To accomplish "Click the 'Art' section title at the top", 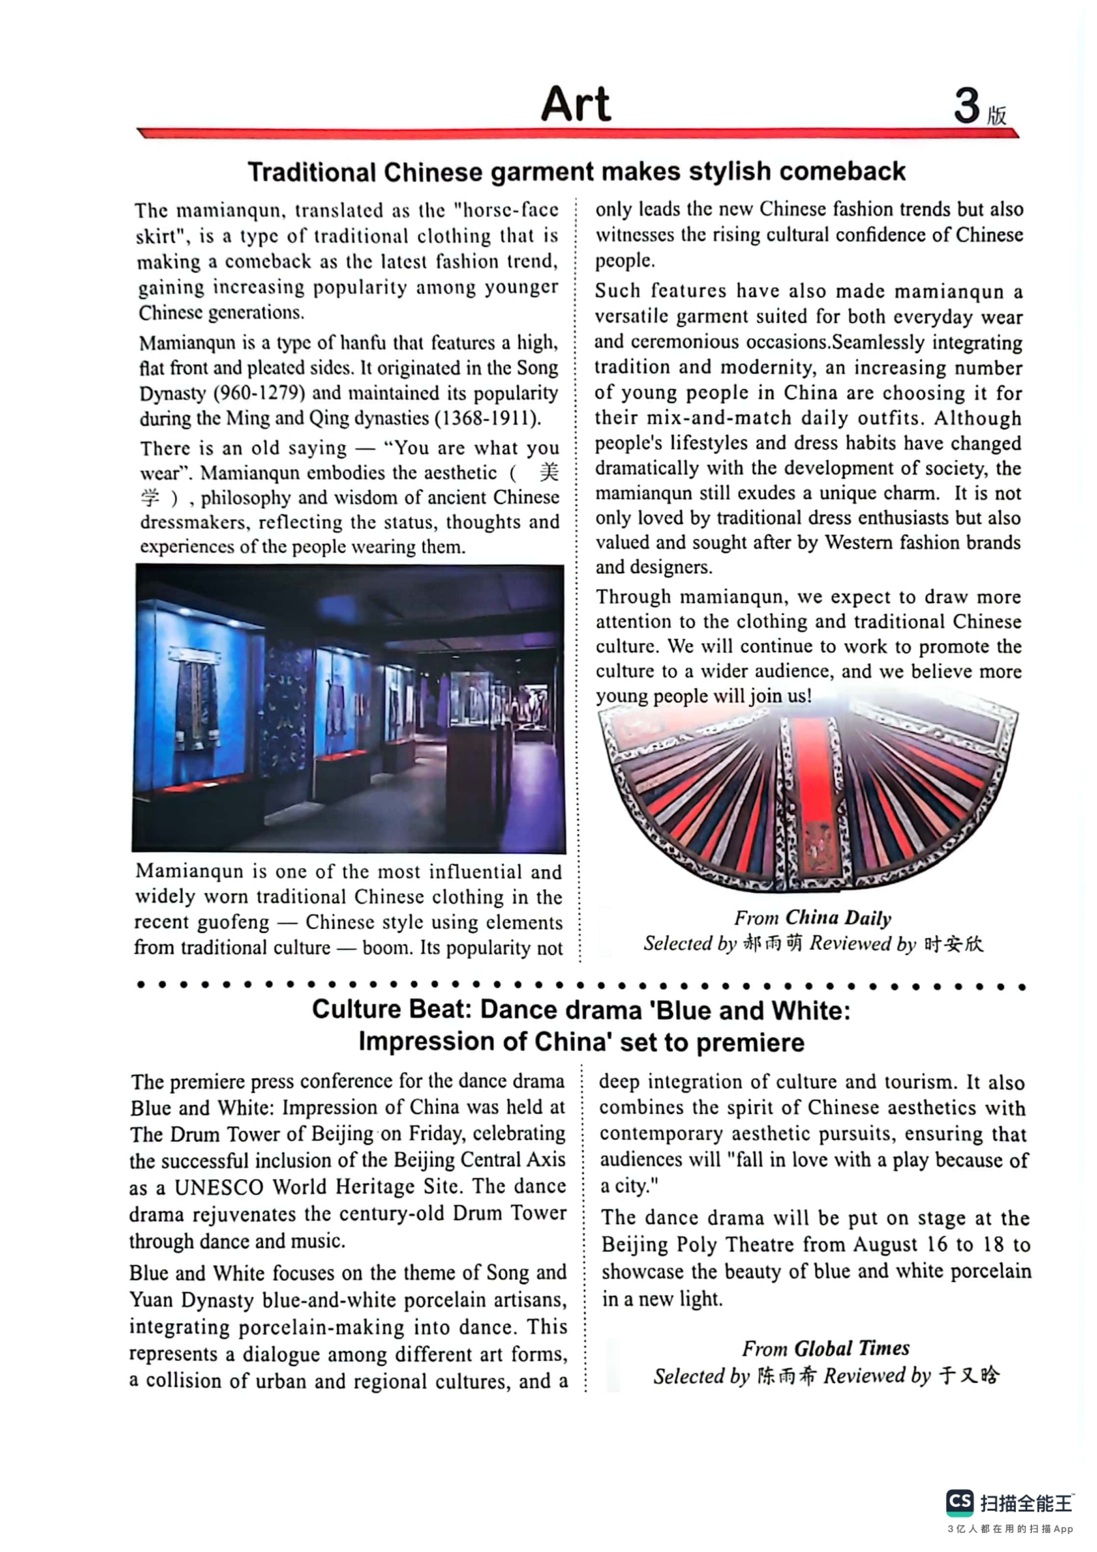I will coord(575,104).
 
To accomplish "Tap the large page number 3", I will coord(966,106).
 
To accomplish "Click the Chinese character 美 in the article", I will coord(549,472).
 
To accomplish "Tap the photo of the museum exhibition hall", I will coord(349,708).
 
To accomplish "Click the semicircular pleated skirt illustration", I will coord(808,794).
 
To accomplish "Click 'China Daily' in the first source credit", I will coord(838,918).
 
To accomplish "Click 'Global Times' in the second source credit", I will coord(851,1348).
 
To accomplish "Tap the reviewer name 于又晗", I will coord(970,1375).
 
